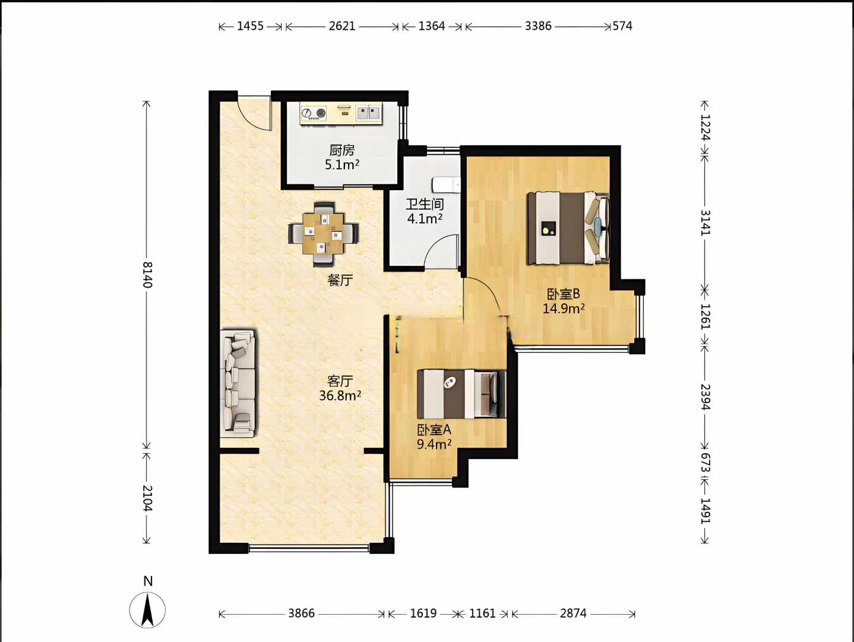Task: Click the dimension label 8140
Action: [147, 275]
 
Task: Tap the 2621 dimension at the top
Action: [342, 26]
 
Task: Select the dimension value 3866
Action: [301, 613]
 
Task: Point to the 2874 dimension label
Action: [573, 613]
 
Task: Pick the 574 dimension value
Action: [622, 26]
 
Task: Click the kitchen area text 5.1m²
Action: [342, 165]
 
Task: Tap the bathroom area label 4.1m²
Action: [425, 219]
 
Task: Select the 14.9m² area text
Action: [564, 309]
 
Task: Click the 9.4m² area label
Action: [434, 444]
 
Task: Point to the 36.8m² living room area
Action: [340, 395]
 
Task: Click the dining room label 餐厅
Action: [340, 280]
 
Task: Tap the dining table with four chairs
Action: [324, 234]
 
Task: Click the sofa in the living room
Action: [238, 383]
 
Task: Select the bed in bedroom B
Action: [568, 228]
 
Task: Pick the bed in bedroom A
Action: [461, 394]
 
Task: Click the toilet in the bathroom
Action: [447, 185]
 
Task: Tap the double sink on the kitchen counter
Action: [368, 114]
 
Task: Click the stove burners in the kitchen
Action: [313, 114]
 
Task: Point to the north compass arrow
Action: [147, 610]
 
